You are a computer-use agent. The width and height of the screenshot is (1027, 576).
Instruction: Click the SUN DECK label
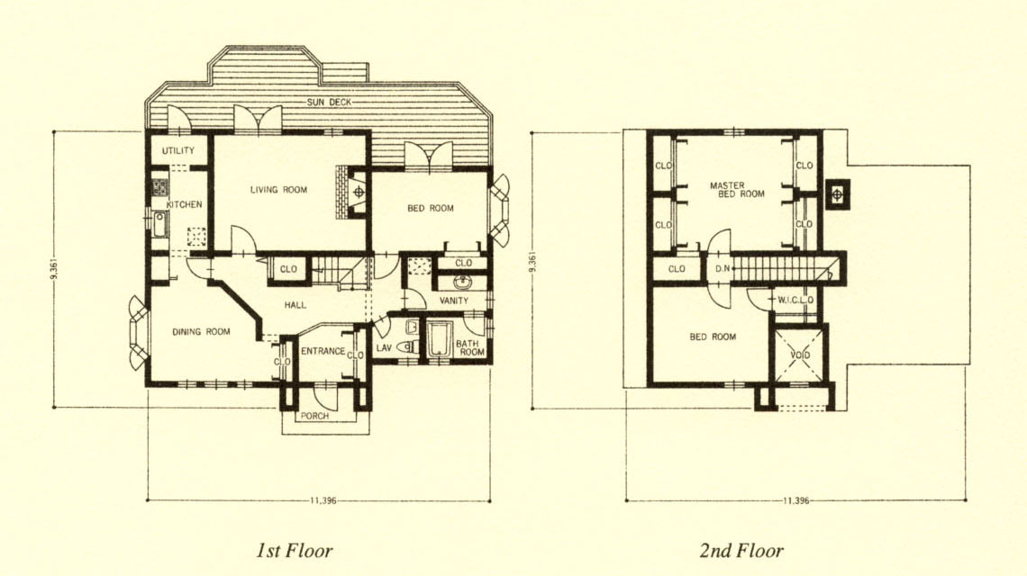pos(330,102)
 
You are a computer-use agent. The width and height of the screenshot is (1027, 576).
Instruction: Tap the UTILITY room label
pos(178,150)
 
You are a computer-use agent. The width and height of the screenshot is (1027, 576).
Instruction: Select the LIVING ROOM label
pos(278,190)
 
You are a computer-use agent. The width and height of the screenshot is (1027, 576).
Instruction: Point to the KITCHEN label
pos(184,204)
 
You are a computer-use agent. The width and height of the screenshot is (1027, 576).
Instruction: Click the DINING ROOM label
pos(201,332)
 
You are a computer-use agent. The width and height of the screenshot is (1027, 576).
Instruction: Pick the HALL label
pos(295,305)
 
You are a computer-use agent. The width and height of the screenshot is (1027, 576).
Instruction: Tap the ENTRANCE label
pos(323,352)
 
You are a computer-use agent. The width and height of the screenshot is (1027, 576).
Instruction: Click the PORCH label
pos(314,416)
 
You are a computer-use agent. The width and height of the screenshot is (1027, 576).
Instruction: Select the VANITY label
pos(453,301)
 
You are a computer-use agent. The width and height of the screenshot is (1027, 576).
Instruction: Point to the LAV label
pos(384,347)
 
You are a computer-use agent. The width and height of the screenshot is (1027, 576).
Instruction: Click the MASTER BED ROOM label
pos(737,190)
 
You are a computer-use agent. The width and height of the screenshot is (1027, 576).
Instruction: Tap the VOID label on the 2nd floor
pos(800,355)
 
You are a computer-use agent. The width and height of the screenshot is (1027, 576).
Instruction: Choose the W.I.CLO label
pos(795,301)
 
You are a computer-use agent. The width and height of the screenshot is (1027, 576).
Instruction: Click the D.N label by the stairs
pos(723,269)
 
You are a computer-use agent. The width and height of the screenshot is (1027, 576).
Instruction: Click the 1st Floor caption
pos(294,551)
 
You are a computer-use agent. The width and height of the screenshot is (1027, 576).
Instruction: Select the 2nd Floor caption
pos(741,551)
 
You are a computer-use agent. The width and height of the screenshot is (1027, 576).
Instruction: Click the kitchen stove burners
pos(159,188)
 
